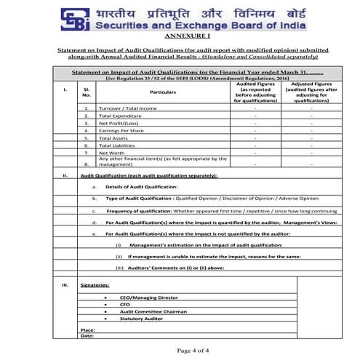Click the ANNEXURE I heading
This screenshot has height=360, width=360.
[180, 35]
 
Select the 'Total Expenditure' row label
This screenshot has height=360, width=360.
[120, 116]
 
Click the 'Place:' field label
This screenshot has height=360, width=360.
[88, 330]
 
